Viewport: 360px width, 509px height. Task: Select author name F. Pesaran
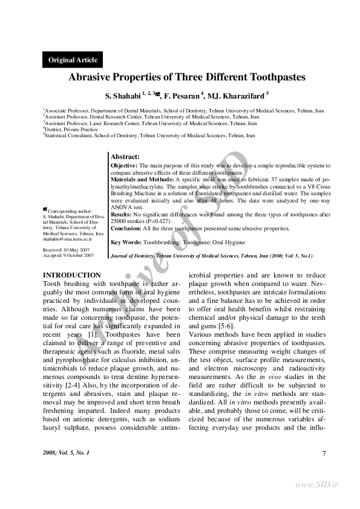[x=183, y=96]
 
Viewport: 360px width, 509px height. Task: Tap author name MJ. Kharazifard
[x=236, y=96]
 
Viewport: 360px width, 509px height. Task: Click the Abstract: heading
[x=126, y=157]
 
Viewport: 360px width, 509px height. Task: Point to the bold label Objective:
[x=125, y=164]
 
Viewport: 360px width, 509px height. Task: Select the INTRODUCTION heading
[x=72, y=276]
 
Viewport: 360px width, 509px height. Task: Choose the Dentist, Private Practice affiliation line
[x=71, y=129]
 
